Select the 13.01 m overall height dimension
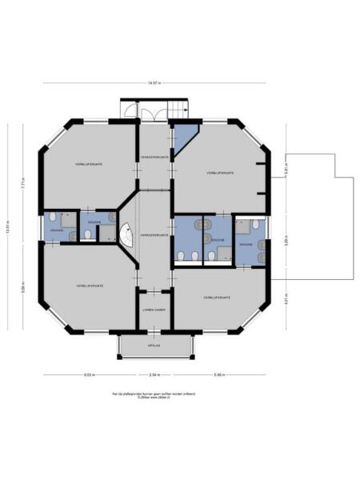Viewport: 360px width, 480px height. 9,230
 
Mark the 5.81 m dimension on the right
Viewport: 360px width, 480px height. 286,170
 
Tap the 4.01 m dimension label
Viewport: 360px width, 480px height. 286,302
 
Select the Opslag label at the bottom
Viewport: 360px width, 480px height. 154,346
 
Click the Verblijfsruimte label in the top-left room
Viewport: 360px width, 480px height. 88,164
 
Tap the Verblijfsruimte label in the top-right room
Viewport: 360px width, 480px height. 219,173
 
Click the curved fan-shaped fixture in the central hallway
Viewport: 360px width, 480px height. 126,234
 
